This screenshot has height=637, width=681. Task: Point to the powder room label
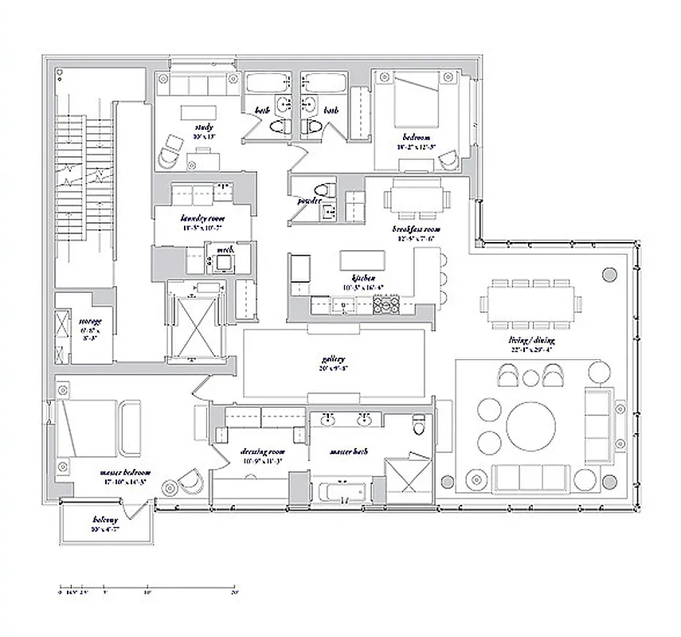[309, 201]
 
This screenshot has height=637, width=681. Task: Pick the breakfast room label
[416, 229]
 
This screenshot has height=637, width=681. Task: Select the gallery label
[332, 359]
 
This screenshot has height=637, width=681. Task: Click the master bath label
[347, 451]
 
